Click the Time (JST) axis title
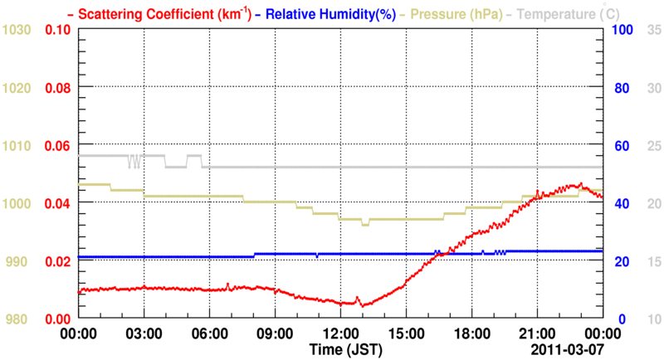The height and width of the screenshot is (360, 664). point(346,348)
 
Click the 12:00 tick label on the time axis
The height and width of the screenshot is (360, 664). point(340,333)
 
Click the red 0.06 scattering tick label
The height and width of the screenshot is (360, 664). point(56,146)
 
